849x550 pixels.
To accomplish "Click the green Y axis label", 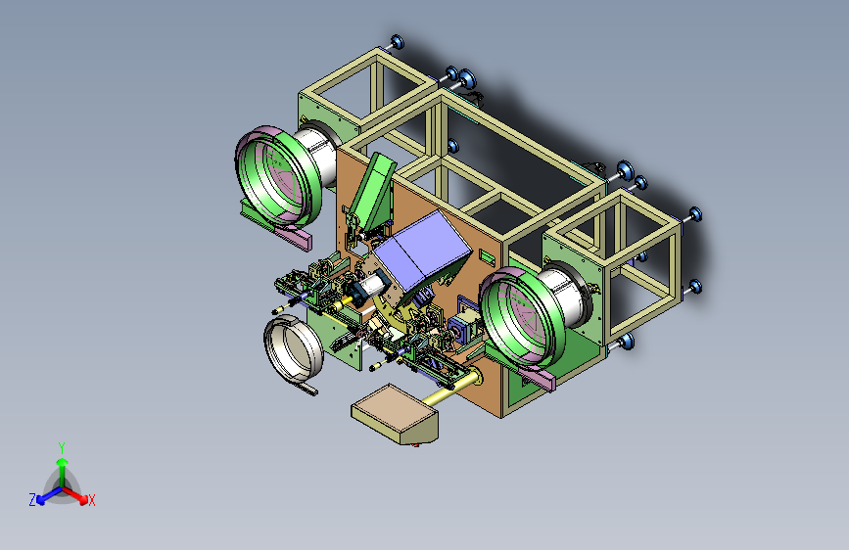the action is (x=62, y=447).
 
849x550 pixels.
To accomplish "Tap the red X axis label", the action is (x=91, y=500).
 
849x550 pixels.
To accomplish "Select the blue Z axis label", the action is (x=32, y=500).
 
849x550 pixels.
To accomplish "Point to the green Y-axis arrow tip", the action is (x=63, y=462).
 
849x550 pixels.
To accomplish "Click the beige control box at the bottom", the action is (x=395, y=414).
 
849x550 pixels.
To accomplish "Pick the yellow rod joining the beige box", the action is (x=449, y=390).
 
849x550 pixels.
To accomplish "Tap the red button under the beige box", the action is (x=416, y=445).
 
